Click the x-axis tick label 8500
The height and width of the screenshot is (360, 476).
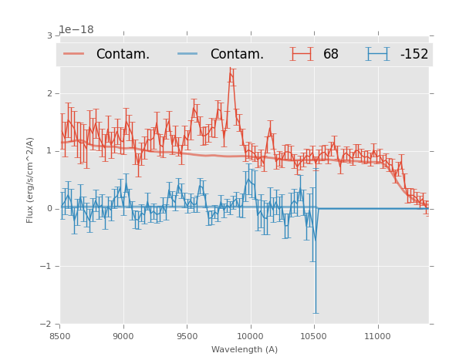(x=60, y=336)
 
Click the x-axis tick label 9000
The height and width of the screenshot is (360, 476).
(x=123, y=336)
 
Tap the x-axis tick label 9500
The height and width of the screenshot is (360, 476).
(x=187, y=336)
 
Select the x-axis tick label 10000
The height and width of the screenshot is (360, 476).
(x=251, y=336)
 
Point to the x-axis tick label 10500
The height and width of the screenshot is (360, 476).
(x=314, y=336)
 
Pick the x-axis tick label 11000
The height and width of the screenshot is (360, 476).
(x=378, y=336)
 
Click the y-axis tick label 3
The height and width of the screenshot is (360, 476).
(x=49, y=35)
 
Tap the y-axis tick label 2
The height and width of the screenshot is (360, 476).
(x=49, y=93)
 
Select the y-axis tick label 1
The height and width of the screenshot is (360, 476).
(x=49, y=151)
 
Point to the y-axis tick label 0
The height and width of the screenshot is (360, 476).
(x=49, y=209)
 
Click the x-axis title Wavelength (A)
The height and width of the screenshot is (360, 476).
(x=245, y=349)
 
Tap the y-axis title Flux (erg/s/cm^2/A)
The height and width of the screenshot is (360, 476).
(x=31, y=180)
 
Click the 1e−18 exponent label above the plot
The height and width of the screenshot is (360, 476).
(x=76, y=29)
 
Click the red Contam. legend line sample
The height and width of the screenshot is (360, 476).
(x=74, y=54)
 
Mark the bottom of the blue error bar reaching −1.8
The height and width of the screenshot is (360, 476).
(x=316, y=313)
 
